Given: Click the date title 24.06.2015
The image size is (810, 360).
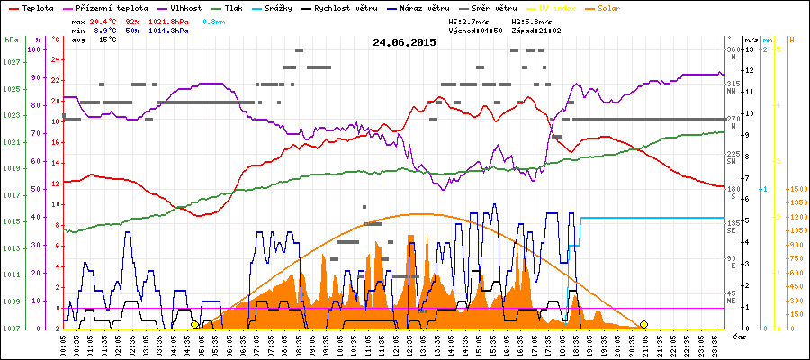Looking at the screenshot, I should (x=404, y=42).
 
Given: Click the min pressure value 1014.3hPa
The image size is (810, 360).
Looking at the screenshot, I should (x=169, y=30).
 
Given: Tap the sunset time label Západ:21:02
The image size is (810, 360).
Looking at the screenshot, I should (x=535, y=30).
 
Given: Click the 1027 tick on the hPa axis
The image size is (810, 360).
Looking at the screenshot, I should (x=11, y=62).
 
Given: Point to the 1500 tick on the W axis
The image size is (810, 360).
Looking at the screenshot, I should (x=797, y=189).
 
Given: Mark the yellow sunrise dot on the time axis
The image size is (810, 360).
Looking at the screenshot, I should (x=194, y=324).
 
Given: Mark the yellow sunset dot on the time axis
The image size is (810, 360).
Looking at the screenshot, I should (x=643, y=324).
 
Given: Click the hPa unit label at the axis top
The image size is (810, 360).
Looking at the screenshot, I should (x=11, y=40).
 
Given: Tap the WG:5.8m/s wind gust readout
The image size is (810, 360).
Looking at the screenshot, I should (x=535, y=20).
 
